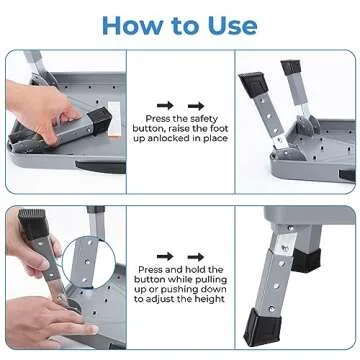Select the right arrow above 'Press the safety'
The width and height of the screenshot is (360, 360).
coord(192,102)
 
